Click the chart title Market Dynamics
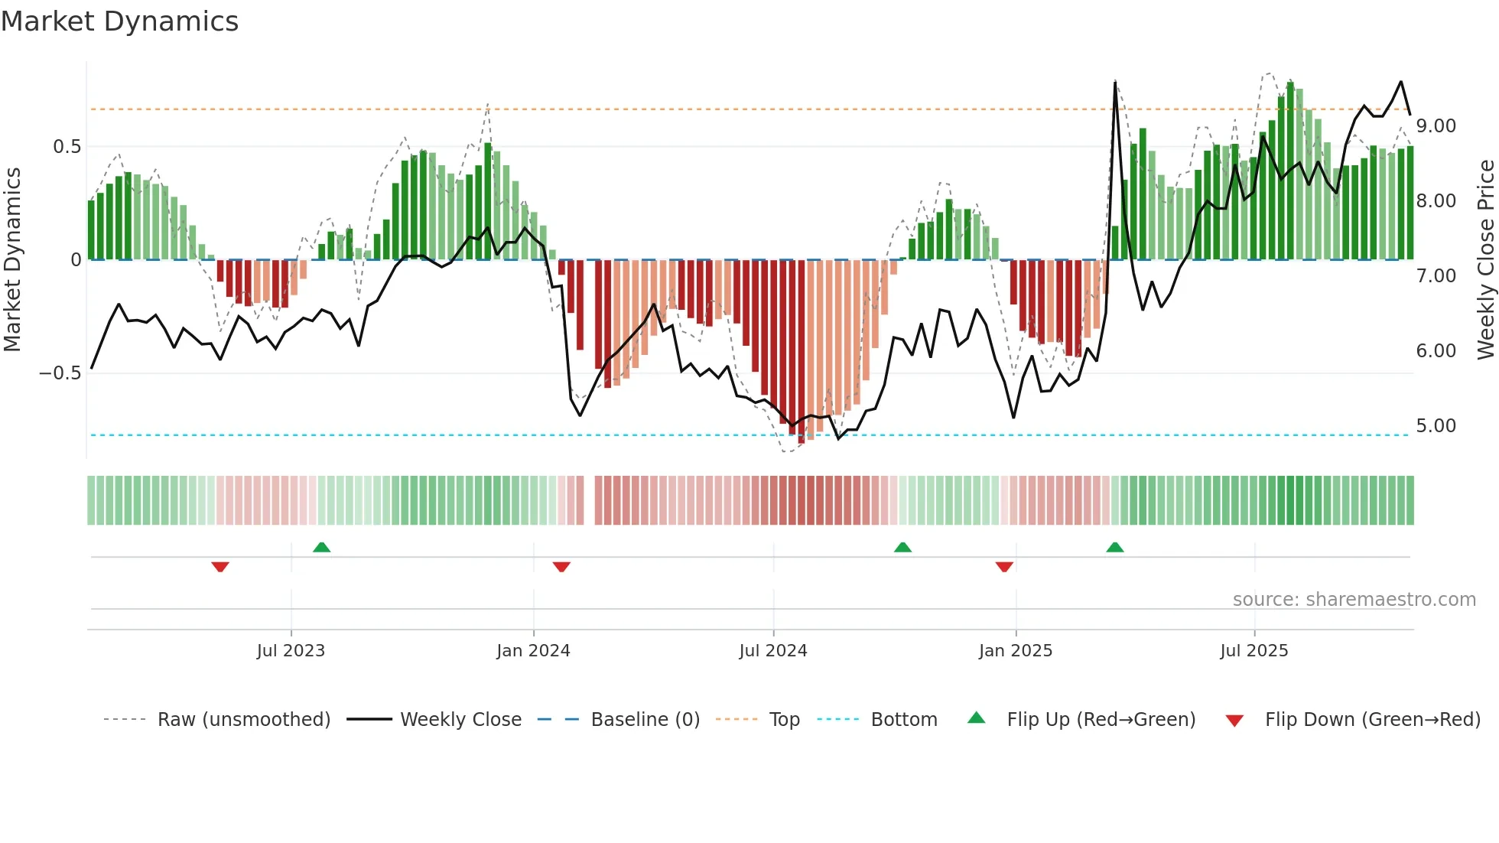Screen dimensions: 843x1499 119,21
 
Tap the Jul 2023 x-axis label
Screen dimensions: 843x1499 291,651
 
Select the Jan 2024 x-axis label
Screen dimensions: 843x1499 533,651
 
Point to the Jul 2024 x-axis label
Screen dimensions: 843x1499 773,651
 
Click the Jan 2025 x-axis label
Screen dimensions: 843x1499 1016,651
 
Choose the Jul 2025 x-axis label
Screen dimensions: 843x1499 1254,651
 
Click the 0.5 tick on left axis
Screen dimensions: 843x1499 67,147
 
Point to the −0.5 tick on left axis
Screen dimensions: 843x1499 60,373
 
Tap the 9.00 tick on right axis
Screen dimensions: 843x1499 1436,126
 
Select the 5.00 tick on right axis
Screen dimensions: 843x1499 1436,426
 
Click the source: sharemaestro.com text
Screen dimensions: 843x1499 1354,600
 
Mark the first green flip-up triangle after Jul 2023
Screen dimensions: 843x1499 321,548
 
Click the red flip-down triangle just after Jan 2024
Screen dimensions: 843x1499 561,567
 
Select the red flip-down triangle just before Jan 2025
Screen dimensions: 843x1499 1004,567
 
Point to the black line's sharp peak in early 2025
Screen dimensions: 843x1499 1115,82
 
